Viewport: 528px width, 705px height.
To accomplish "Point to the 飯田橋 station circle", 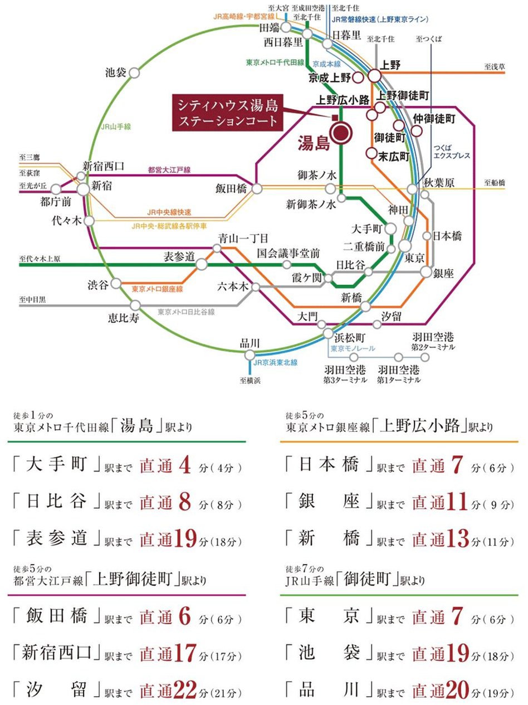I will (257, 189).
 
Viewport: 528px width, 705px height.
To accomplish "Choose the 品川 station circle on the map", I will (250, 354).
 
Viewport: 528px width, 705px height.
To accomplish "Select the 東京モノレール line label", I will (353, 348).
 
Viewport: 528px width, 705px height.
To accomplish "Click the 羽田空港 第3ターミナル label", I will (345, 374).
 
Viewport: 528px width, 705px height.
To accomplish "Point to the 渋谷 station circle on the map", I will (116, 284).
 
